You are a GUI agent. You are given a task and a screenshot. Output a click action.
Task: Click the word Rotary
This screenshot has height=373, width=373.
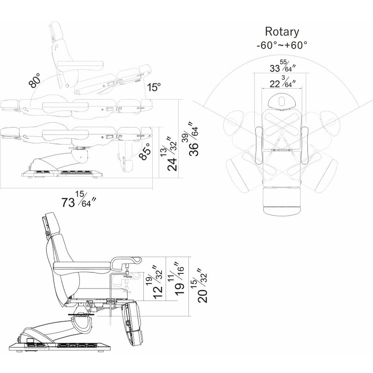click(282, 31)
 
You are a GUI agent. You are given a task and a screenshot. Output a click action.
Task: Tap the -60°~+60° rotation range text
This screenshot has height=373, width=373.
click(282, 46)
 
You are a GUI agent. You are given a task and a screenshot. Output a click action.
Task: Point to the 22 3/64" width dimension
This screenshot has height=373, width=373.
click(282, 84)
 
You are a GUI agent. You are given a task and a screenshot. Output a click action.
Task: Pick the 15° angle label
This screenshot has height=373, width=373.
click(153, 88)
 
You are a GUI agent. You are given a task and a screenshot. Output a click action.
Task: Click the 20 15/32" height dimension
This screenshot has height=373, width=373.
click(201, 285)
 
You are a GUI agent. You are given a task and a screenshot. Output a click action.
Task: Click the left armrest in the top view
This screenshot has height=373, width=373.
click(258, 145)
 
